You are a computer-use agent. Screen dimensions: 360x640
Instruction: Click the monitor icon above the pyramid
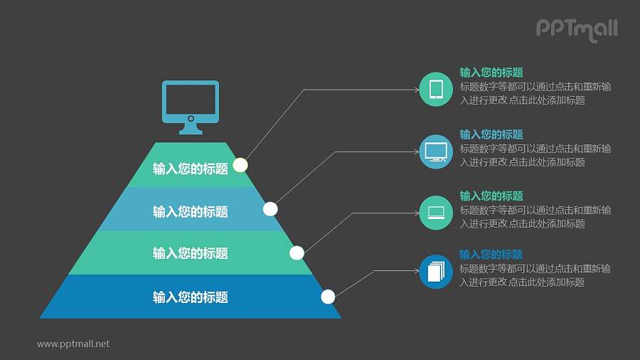pyautogui.click(x=191, y=107)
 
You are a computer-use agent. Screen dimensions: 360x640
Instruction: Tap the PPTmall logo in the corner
pyautogui.click(x=576, y=29)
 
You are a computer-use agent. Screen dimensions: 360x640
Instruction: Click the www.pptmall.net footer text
pyautogui.click(x=73, y=344)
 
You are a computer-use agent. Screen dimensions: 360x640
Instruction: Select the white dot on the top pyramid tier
pyautogui.click(x=240, y=165)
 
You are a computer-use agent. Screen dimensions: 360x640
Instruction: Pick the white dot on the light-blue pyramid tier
pyautogui.click(x=270, y=208)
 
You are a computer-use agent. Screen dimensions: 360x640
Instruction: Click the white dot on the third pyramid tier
pyautogui.click(x=297, y=253)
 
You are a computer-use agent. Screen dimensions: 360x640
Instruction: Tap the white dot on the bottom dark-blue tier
pyautogui.click(x=328, y=297)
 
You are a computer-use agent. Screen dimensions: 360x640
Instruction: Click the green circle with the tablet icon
pyautogui.click(x=436, y=89)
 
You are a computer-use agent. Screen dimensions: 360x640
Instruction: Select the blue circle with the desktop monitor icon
pyautogui.click(x=436, y=152)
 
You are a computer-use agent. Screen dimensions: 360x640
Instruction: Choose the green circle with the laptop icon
pyautogui.click(x=436, y=213)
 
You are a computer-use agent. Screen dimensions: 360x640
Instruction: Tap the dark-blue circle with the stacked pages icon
pyautogui.click(x=436, y=271)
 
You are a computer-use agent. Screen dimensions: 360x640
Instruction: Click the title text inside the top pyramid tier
pyautogui.click(x=191, y=169)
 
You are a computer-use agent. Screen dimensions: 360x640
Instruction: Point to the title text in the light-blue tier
pyautogui.click(x=191, y=211)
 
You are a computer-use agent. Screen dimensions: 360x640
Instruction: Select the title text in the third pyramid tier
pyautogui.click(x=191, y=253)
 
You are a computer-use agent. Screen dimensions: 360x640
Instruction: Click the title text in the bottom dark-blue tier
pyautogui.click(x=191, y=297)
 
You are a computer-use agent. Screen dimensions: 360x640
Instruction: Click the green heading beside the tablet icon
pyautogui.click(x=491, y=73)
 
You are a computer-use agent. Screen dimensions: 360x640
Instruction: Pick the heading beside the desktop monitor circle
pyautogui.click(x=491, y=134)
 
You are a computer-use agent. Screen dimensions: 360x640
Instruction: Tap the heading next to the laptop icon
pyautogui.click(x=491, y=196)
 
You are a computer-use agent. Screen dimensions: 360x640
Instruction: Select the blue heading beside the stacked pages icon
pyautogui.click(x=491, y=255)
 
